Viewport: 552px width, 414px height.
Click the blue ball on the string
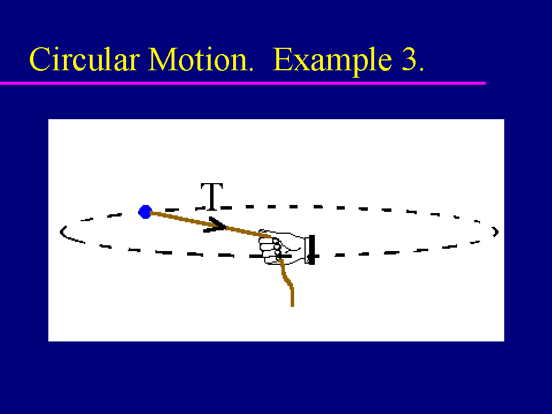[145, 212]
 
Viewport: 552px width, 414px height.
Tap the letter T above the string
[212, 196]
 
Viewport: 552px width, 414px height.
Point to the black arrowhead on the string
[215, 225]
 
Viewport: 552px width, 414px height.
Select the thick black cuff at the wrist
[311, 249]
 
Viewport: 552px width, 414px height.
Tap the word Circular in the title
[85, 59]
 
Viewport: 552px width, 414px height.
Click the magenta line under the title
[243, 83]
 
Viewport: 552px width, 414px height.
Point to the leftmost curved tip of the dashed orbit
[61, 231]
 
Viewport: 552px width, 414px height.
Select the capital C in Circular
[39, 59]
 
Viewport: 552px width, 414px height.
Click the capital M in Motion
[162, 59]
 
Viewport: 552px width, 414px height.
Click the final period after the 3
[421, 69]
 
